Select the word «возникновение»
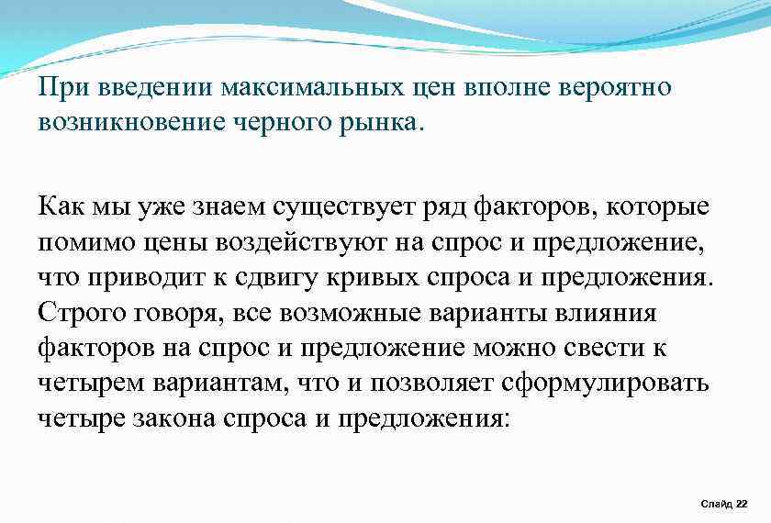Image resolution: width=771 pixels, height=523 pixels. pos(121,123)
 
